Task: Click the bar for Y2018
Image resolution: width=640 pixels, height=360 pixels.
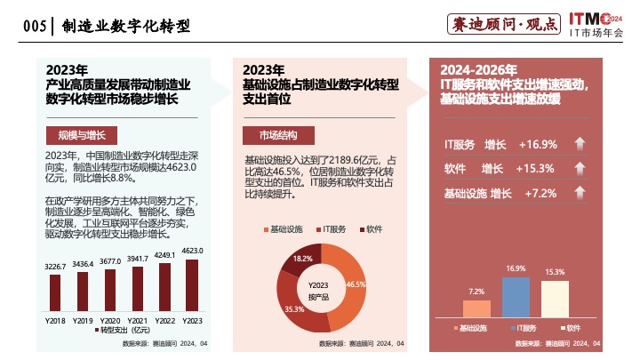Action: pyautogui.click(x=55, y=292)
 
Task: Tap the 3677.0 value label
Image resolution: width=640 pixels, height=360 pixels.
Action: pyautogui.click(x=110, y=261)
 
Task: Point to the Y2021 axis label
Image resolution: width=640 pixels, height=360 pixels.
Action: pyautogui.click(x=138, y=320)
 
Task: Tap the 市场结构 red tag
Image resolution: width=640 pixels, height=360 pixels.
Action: pyautogui.click(x=278, y=136)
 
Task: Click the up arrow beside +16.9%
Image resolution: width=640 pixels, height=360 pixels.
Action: pyautogui.click(x=578, y=144)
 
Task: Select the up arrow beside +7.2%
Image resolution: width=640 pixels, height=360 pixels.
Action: pyautogui.click(x=578, y=193)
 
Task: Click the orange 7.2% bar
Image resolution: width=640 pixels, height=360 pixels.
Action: pyautogui.click(x=477, y=308)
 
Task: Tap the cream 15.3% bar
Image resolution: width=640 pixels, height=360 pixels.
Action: pyautogui.click(x=555, y=299)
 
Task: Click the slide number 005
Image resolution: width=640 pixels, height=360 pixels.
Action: pyautogui.click(x=35, y=26)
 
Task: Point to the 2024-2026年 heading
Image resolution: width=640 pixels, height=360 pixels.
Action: pyautogui.click(x=478, y=70)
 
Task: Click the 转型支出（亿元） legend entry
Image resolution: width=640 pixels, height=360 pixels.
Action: pyautogui.click(x=124, y=331)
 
